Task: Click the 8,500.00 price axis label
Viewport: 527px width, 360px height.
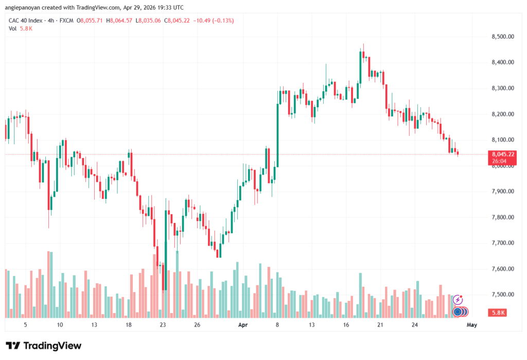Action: pyautogui.click(x=503, y=37)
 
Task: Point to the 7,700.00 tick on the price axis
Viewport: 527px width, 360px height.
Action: pyautogui.click(x=503, y=243)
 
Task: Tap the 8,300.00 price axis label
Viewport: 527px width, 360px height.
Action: pyautogui.click(x=503, y=88)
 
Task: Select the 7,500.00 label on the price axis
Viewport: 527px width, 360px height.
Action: pyautogui.click(x=503, y=295)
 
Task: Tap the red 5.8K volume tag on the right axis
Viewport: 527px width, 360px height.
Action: pyautogui.click(x=498, y=313)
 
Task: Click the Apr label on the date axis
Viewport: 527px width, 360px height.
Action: pyautogui.click(x=243, y=325)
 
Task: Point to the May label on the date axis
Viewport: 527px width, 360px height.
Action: pyautogui.click(x=472, y=325)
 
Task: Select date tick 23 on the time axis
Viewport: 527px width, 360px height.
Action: pyautogui.click(x=163, y=325)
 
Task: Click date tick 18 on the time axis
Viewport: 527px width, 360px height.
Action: pyautogui.click(x=128, y=325)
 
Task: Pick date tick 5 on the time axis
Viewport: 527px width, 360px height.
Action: pyautogui.click(x=25, y=325)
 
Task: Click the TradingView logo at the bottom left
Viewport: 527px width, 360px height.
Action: pyautogui.click(x=44, y=346)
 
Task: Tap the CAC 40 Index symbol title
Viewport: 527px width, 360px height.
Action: pyautogui.click(x=26, y=21)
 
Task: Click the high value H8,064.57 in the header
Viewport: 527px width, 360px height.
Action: pyautogui.click(x=119, y=21)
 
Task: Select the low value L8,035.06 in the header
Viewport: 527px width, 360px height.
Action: pyautogui.click(x=148, y=21)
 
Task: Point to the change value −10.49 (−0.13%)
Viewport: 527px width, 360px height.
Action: pyautogui.click(x=214, y=21)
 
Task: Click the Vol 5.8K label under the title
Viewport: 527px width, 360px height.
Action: pyautogui.click(x=21, y=29)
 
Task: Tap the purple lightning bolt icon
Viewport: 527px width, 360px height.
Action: pyautogui.click(x=458, y=299)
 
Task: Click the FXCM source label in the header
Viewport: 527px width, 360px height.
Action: pyautogui.click(x=66, y=21)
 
